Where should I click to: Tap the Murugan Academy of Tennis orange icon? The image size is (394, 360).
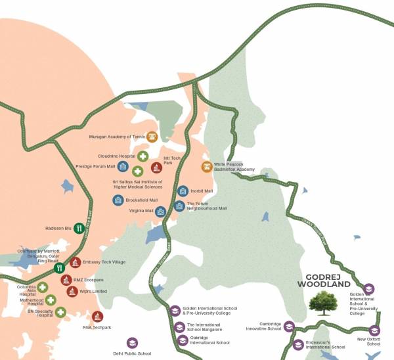152,137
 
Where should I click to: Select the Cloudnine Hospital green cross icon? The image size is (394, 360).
142,156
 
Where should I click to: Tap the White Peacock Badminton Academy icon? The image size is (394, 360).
207,167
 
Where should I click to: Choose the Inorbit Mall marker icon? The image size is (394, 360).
183,191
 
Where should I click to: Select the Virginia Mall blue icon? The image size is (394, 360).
160,212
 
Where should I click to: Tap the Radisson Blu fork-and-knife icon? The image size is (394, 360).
78,228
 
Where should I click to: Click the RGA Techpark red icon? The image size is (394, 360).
97,317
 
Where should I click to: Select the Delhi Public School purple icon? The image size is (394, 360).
132,343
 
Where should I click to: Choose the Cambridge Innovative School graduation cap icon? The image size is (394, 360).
288,326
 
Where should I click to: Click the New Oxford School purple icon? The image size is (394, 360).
374,330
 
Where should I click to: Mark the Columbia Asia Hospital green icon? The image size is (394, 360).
43,288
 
